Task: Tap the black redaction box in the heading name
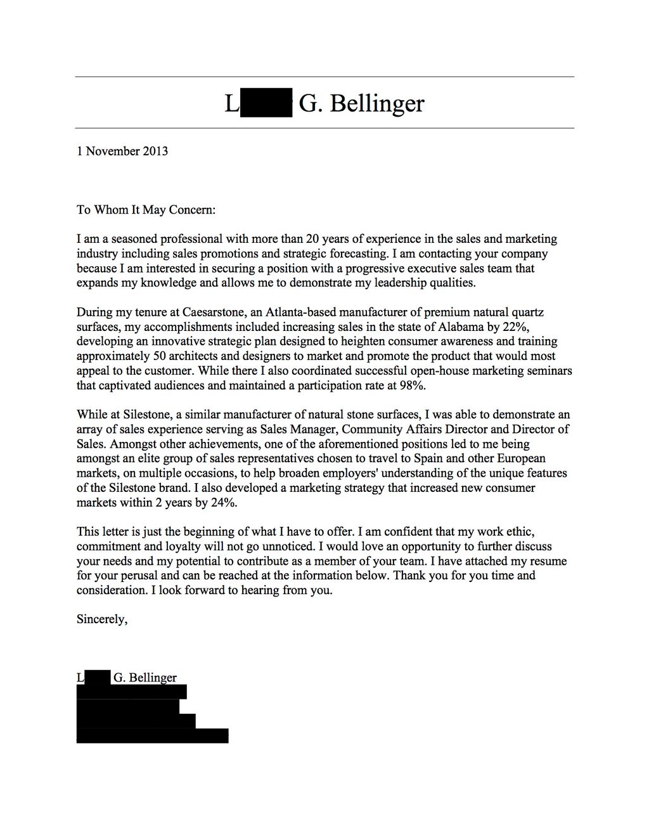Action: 266,103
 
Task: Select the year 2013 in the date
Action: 155,151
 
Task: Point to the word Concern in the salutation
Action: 192,209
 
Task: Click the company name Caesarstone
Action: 212,312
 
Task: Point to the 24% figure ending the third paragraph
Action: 225,502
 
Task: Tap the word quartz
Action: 527,312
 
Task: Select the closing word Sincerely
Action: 102,619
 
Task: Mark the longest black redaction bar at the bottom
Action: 152,735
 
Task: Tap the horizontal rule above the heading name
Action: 324,77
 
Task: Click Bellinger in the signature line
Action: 153,678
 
